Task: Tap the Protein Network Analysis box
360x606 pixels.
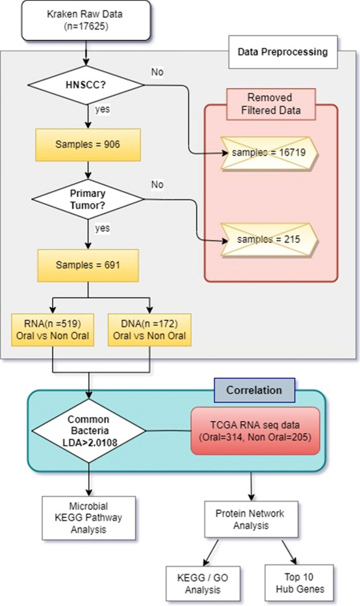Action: pos(250,519)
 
